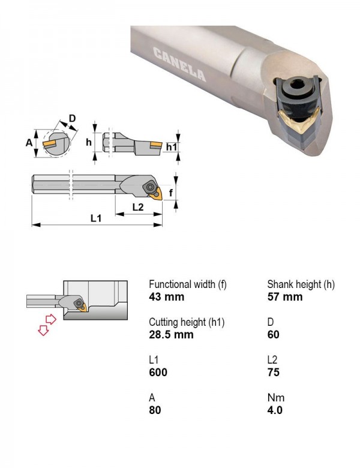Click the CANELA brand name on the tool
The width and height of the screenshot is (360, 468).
pos(179,64)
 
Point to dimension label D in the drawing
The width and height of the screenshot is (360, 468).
pos(72,118)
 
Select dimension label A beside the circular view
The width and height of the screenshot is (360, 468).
pos(29,143)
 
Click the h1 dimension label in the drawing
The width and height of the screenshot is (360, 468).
pos(172,146)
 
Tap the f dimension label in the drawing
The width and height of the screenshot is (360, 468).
pos(171,193)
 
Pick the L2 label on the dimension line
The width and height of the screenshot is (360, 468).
pos(138,206)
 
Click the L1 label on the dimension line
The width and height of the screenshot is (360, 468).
pos(96,218)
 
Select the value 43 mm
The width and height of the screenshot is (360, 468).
pos(167,296)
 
